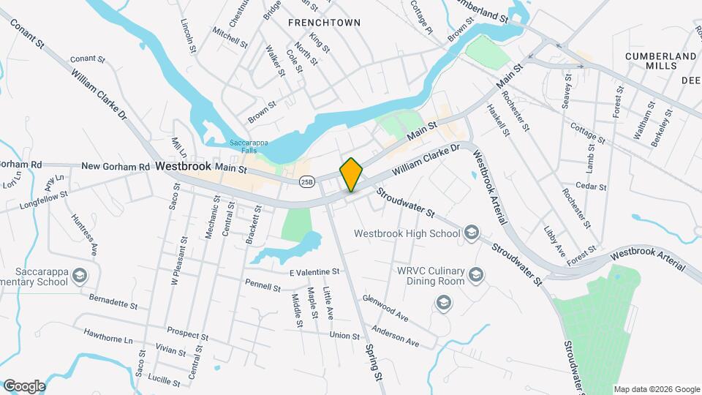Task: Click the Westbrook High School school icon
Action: pos(472,233)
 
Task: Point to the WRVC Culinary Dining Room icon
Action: pos(476,275)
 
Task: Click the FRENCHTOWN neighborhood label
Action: pos(324,23)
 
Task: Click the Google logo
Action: pos(24,385)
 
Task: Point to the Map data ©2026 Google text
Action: pos(656,388)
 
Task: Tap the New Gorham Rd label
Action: pos(116,167)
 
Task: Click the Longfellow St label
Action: pos(44,195)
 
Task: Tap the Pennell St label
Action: pos(263,285)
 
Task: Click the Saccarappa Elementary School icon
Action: pos(79,276)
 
